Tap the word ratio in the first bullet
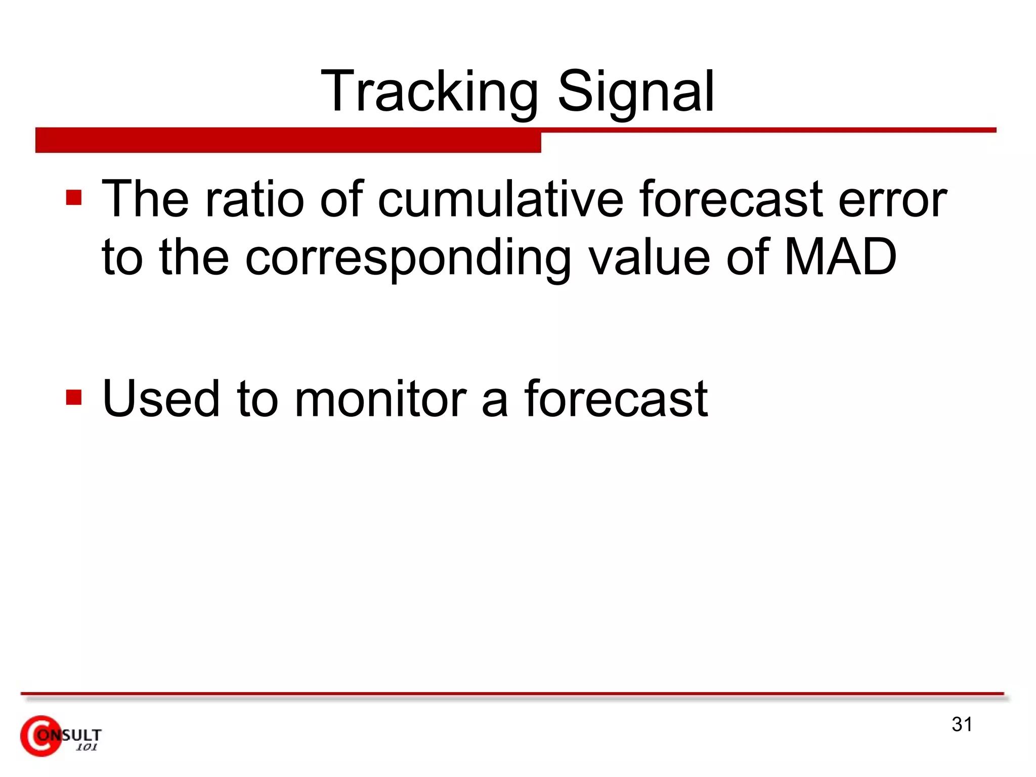click(x=254, y=199)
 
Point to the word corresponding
click(x=408, y=259)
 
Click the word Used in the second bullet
click(x=161, y=399)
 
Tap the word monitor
click(x=380, y=400)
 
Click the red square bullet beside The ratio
click(x=74, y=197)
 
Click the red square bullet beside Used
click(x=74, y=397)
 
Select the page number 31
click(x=962, y=724)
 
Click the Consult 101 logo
click(x=61, y=736)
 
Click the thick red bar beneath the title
click(x=288, y=140)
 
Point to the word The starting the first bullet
click(x=146, y=199)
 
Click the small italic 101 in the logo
click(x=87, y=748)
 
